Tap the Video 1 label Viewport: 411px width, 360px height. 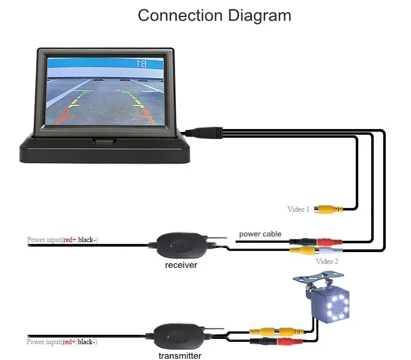point(298,209)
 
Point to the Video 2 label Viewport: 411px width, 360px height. point(327,261)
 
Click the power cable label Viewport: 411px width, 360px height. point(260,234)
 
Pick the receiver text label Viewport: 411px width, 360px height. point(181,265)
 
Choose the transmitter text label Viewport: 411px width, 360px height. point(180,355)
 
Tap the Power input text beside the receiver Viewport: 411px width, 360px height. point(62,240)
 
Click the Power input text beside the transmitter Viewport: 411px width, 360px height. point(62,342)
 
